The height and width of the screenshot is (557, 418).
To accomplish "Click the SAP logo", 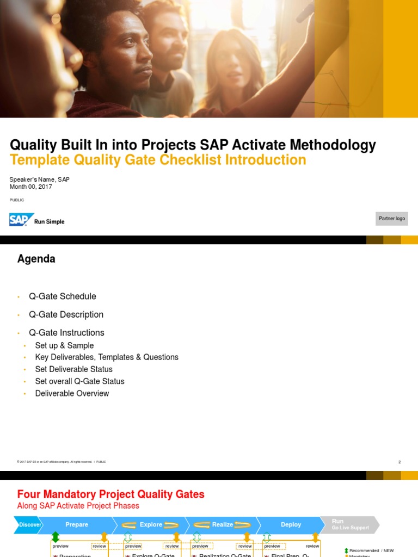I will click(x=22, y=220).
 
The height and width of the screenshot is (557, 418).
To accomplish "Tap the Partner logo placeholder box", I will click(x=392, y=219).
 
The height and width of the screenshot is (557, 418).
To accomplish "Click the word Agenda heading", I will click(x=36, y=259).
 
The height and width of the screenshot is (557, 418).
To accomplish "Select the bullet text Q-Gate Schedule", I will click(x=63, y=296).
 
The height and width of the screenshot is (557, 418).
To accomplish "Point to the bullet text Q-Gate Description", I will click(x=66, y=314).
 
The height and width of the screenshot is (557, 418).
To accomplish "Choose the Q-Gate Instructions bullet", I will click(x=66, y=332).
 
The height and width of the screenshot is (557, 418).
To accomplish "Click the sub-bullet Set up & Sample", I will click(x=64, y=345).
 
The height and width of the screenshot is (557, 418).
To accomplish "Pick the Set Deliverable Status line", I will click(x=73, y=369).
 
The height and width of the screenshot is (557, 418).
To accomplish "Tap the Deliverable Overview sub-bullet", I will click(x=72, y=393).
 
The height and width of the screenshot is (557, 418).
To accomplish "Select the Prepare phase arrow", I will click(x=77, y=525).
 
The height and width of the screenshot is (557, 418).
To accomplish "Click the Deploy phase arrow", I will click(x=291, y=525).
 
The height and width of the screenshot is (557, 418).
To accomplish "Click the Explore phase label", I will click(x=151, y=525).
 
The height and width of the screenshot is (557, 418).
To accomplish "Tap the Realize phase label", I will click(x=223, y=525).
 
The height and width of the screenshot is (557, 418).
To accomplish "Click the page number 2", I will click(x=399, y=462).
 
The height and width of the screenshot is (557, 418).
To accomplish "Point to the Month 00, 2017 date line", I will click(x=31, y=187).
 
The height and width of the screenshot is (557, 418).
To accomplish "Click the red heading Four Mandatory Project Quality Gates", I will click(x=111, y=494).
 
